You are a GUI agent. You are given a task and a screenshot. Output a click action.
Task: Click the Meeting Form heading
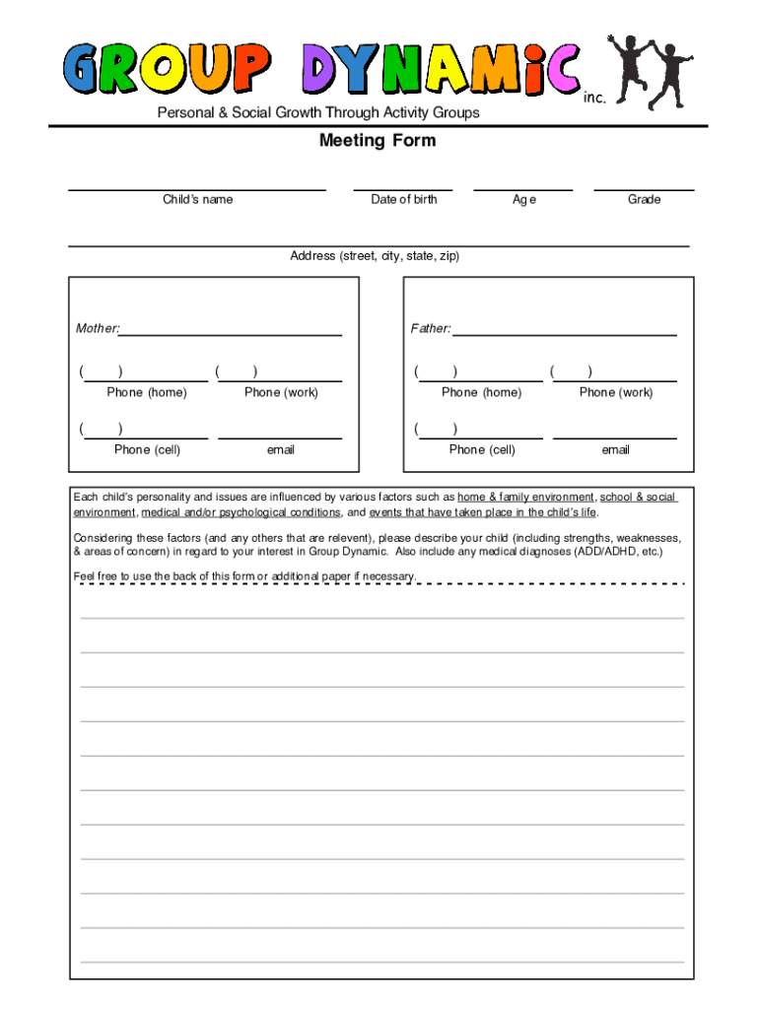pos(377,141)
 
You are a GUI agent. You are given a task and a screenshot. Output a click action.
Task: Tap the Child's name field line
pos(197,189)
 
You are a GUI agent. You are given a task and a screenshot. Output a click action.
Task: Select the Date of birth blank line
pos(403,189)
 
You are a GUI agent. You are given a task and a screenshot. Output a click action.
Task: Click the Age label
pos(523,200)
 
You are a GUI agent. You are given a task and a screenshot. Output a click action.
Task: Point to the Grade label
pos(644,200)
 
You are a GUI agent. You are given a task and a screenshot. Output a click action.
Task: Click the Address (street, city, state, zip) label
pos(375,256)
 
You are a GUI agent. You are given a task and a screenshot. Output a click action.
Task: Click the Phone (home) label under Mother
pos(147,392)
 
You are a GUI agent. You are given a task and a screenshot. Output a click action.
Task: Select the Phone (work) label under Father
pos(616,392)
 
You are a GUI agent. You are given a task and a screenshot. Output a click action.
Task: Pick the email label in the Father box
pos(616,449)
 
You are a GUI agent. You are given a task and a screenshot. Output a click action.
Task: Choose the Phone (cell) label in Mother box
pos(147,449)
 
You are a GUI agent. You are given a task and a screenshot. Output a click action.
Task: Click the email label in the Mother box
pos(281,449)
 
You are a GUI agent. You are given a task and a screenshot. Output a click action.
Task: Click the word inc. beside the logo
pos(593,98)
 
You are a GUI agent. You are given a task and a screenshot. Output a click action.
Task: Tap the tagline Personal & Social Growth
pos(318,112)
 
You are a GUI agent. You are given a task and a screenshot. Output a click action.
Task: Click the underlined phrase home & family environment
pos(525,498)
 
